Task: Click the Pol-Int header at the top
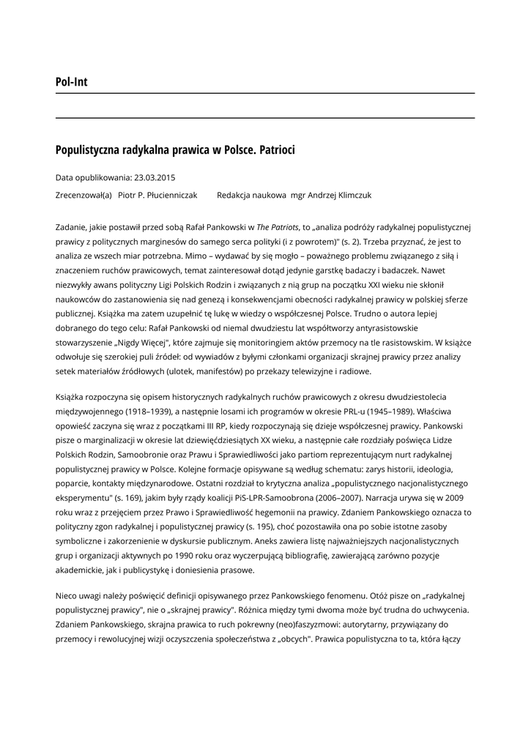[x=71, y=82]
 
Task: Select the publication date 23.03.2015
[x=155, y=177]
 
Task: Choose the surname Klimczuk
[x=351, y=196]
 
